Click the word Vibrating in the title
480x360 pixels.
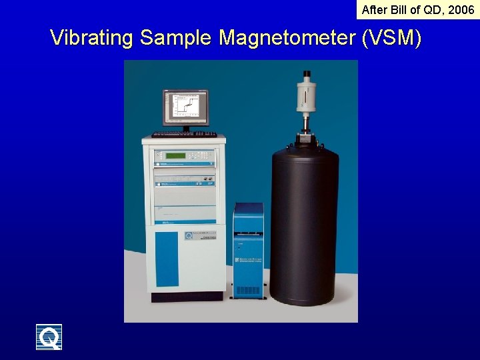click(92, 38)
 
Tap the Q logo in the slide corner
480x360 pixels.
click(49, 337)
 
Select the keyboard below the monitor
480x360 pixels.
click(184, 135)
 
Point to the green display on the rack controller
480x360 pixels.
click(176, 155)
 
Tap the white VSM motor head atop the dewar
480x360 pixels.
click(307, 93)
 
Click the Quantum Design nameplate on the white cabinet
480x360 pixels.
click(199, 237)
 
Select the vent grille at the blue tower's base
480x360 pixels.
click(248, 291)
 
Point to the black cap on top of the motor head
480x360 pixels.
click(307, 73)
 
